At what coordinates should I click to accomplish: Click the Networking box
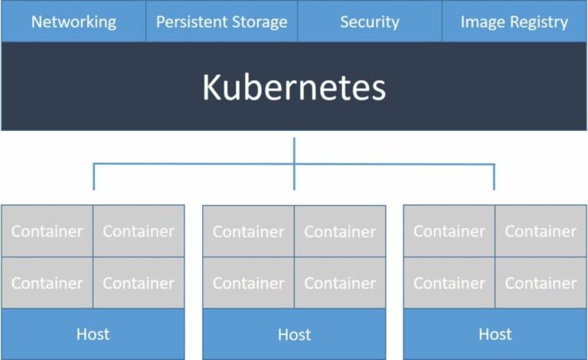pyautogui.click(x=73, y=21)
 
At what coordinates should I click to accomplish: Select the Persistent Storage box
pyautogui.click(x=221, y=21)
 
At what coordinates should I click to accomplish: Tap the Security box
pyautogui.click(x=370, y=21)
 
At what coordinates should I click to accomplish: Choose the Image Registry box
pyautogui.click(x=514, y=21)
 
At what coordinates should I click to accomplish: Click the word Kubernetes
pyautogui.click(x=294, y=87)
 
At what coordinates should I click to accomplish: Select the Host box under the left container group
pyautogui.click(x=93, y=334)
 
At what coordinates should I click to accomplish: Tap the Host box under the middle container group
pyautogui.click(x=294, y=334)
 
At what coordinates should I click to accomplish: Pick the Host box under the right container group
pyautogui.click(x=495, y=334)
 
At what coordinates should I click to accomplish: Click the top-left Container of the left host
pyautogui.click(x=47, y=231)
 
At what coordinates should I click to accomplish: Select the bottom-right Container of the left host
pyautogui.click(x=139, y=283)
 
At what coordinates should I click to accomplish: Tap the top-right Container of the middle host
pyautogui.click(x=340, y=231)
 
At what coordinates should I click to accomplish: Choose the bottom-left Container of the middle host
pyautogui.click(x=248, y=283)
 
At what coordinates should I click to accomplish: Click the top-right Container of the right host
pyautogui.click(x=541, y=231)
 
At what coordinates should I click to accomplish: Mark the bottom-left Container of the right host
pyautogui.click(x=449, y=283)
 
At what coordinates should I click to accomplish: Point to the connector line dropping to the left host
pyautogui.click(x=93, y=177)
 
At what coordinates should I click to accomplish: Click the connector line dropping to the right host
pyautogui.click(x=494, y=177)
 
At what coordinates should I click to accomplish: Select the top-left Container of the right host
pyautogui.click(x=449, y=231)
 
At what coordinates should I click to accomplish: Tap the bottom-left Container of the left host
pyautogui.click(x=47, y=283)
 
